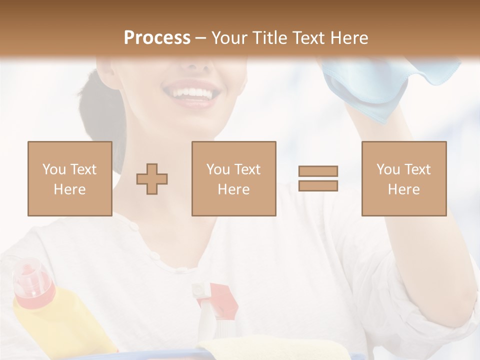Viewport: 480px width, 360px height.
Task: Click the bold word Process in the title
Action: [x=157, y=37]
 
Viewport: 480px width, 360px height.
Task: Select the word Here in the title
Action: [x=348, y=37]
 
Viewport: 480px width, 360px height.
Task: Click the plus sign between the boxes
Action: [x=152, y=179]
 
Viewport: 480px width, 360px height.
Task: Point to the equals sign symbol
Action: [x=318, y=178]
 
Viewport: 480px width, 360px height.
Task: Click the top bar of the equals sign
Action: [x=318, y=171]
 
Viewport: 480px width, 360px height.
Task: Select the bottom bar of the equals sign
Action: [x=318, y=186]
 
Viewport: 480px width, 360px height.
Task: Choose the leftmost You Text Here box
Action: [x=70, y=178]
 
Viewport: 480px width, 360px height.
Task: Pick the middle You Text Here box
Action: [x=234, y=178]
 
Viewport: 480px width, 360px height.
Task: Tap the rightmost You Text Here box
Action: [x=404, y=178]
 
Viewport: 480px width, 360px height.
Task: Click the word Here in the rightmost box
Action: [x=404, y=189]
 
